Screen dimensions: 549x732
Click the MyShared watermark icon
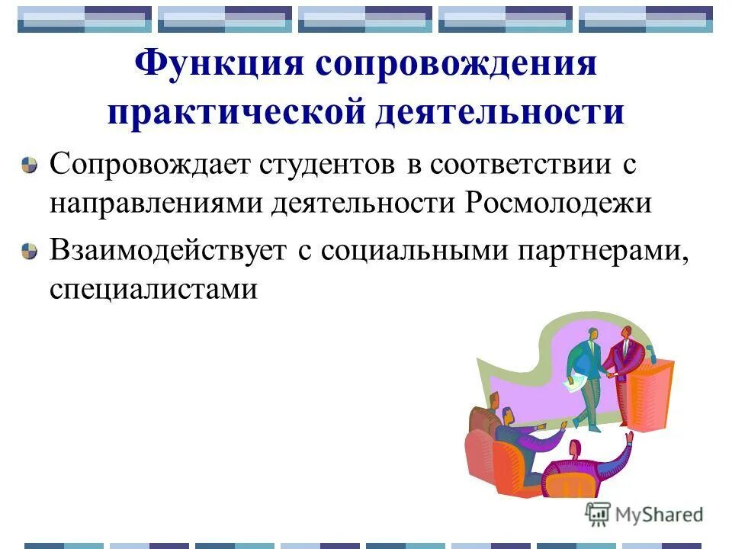[597, 513]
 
